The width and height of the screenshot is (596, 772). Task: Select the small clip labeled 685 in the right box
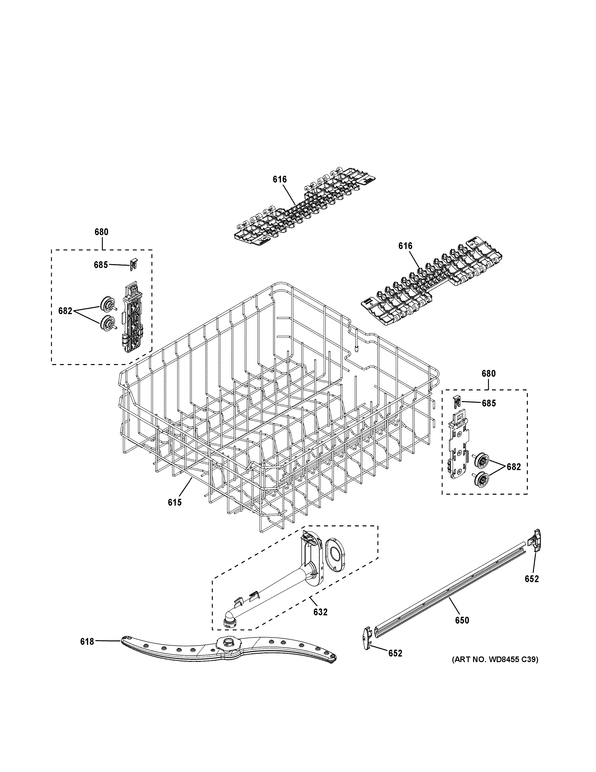point(457,402)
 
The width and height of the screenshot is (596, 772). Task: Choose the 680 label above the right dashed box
point(489,374)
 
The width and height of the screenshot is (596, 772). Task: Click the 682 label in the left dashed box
point(65,311)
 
